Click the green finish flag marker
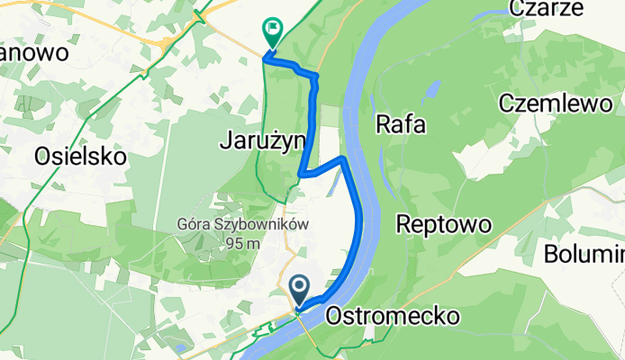[x=271, y=32]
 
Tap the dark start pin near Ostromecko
[x=300, y=289]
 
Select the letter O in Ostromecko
[x=334, y=316]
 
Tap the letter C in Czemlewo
[x=506, y=103]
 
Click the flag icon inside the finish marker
[x=272, y=29]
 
